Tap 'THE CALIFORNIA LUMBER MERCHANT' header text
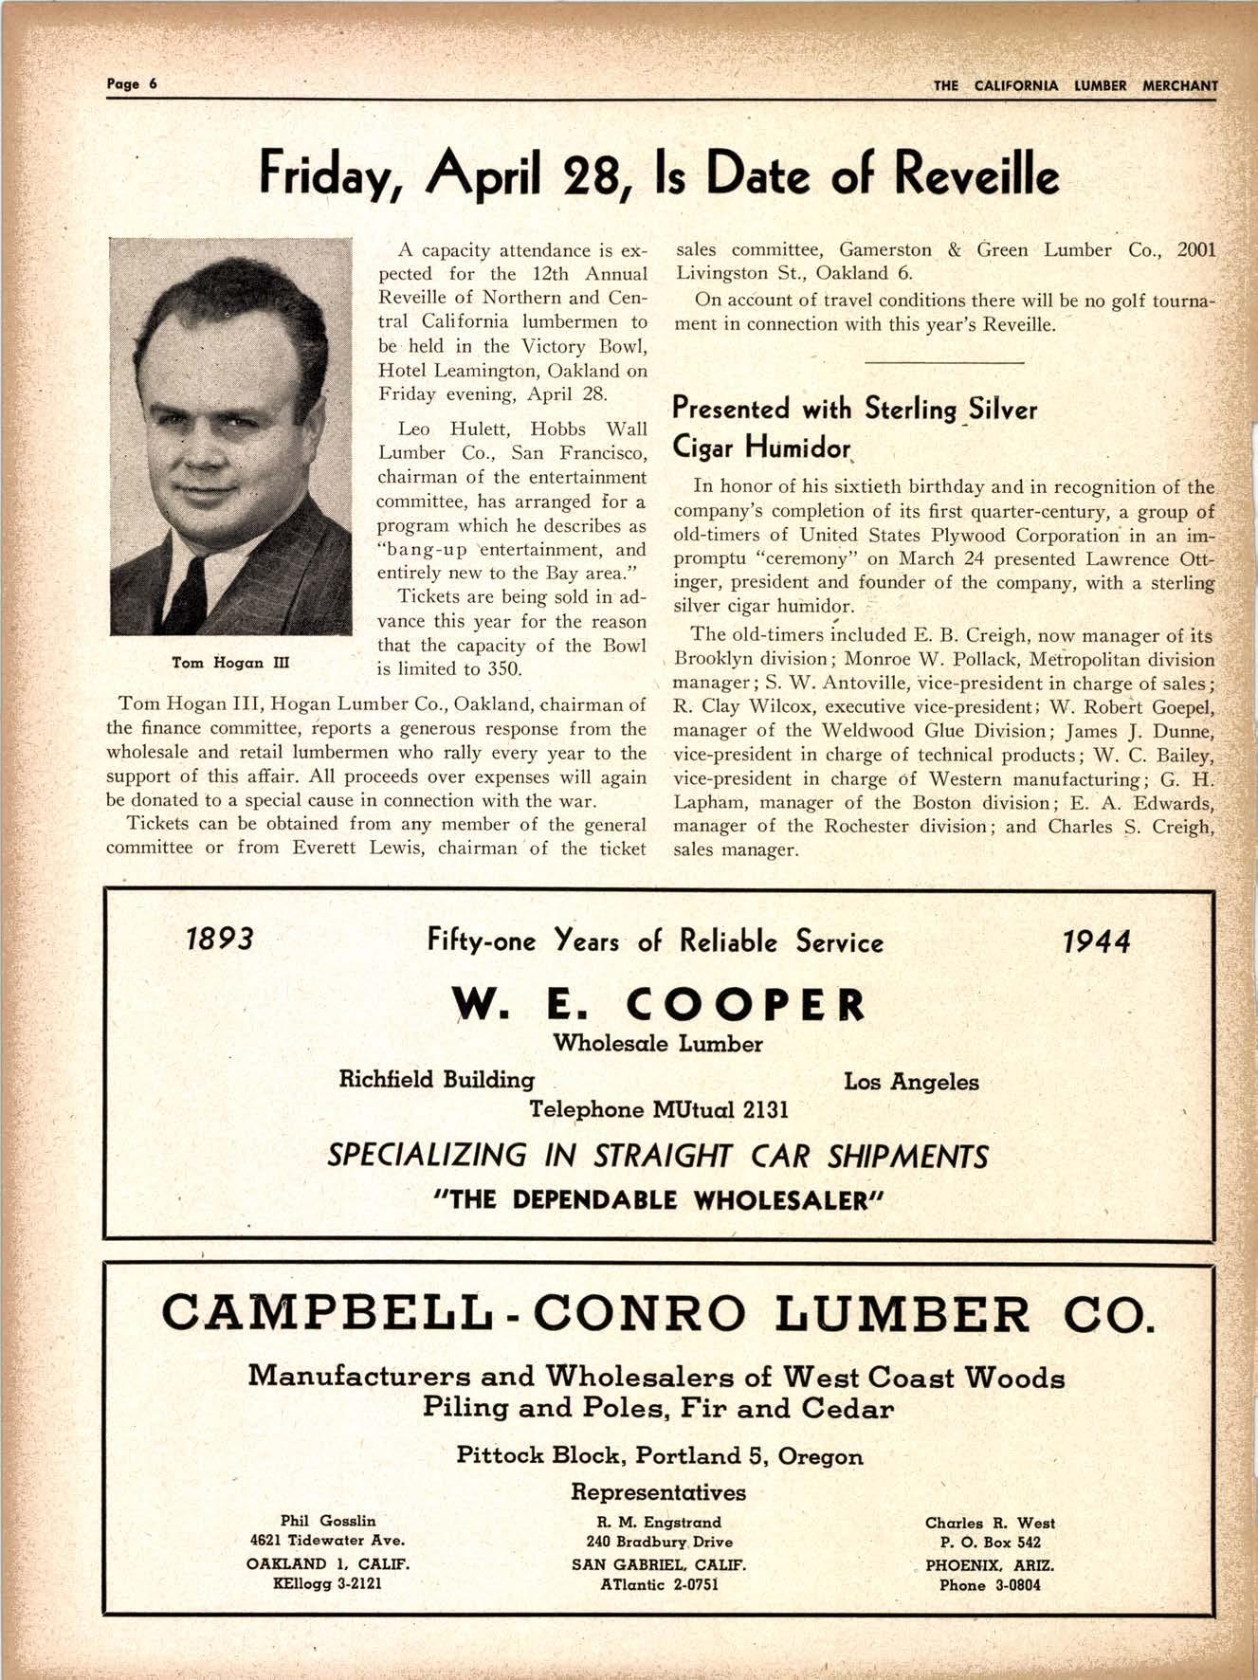click(1075, 85)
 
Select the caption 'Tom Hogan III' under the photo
click(230, 663)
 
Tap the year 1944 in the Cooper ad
click(1096, 941)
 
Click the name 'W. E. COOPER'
click(658, 1005)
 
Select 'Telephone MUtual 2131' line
click(658, 1109)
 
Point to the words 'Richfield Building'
click(436, 1080)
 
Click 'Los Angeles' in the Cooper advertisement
click(910, 1082)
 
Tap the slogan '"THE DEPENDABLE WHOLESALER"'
click(658, 1200)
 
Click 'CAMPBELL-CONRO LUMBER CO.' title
click(658, 1313)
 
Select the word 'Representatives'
click(658, 1491)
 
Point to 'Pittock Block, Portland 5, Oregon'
click(659, 1455)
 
